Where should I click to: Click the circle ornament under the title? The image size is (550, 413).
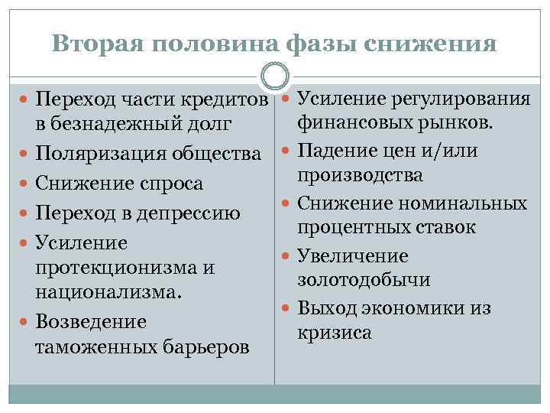pyautogui.click(x=275, y=76)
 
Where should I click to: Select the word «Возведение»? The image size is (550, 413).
pyautogui.click(x=91, y=321)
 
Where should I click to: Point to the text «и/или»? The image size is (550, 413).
pyautogui.click(x=451, y=150)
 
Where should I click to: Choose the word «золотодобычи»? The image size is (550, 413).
pyautogui.click(x=364, y=280)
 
